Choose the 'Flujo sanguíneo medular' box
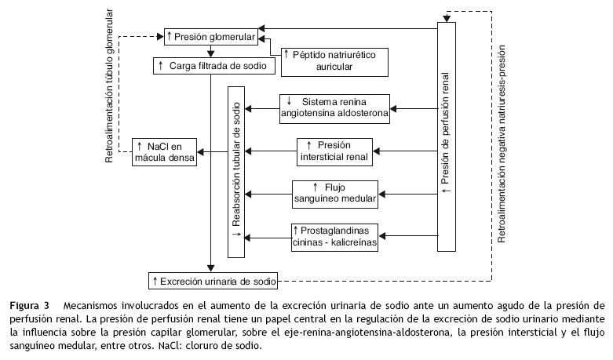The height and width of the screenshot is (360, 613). tap(334, 194)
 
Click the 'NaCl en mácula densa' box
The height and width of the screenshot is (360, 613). tap(163, 151)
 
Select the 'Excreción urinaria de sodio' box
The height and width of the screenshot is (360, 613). tap(213, 279)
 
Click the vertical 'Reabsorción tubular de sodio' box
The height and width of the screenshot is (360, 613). tap(236, 171)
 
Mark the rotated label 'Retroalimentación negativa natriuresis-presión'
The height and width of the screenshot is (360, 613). tap(502, 149)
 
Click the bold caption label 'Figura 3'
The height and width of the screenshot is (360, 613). tap(30, 304)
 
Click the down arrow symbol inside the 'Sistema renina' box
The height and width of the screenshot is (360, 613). tap(290, 100)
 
